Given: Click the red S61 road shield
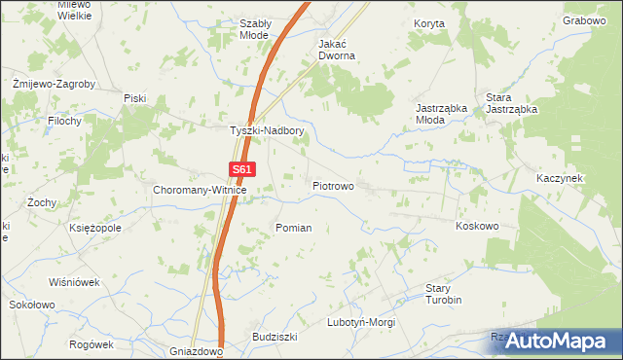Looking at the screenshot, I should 243,168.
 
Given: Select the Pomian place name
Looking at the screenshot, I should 294,228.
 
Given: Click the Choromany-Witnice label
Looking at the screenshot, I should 201,191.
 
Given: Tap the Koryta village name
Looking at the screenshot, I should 428,22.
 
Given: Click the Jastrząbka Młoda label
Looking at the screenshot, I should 443,113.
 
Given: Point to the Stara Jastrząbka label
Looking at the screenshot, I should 512,104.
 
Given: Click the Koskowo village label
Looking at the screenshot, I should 477,226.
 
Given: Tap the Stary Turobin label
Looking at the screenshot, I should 443,294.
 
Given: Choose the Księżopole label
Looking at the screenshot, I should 95,228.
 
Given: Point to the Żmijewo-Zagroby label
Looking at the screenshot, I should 54,84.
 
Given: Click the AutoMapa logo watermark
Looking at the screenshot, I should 554,341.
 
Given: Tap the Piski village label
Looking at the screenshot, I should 134,97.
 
